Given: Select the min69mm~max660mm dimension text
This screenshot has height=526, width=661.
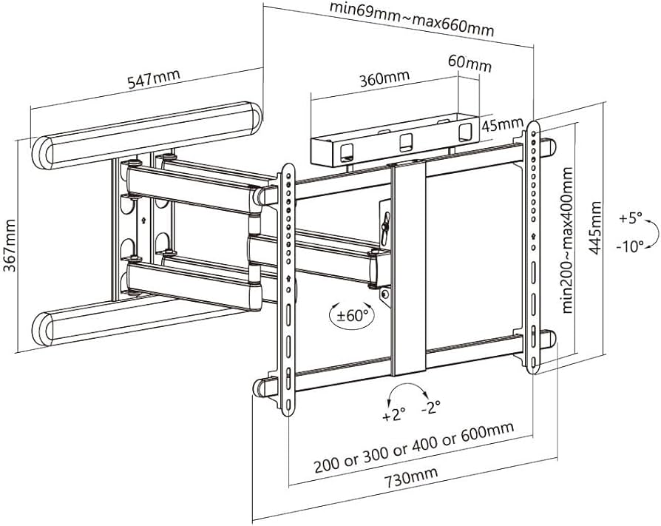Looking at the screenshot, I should click(413, 20).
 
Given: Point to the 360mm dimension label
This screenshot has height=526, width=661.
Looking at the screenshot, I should click(384, 77).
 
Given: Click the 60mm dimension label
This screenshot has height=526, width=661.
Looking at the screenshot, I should click(469, 64).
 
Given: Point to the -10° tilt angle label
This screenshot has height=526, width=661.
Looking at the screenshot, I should click(629, 246).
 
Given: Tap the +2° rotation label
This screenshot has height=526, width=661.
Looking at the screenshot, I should click(394, 415).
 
